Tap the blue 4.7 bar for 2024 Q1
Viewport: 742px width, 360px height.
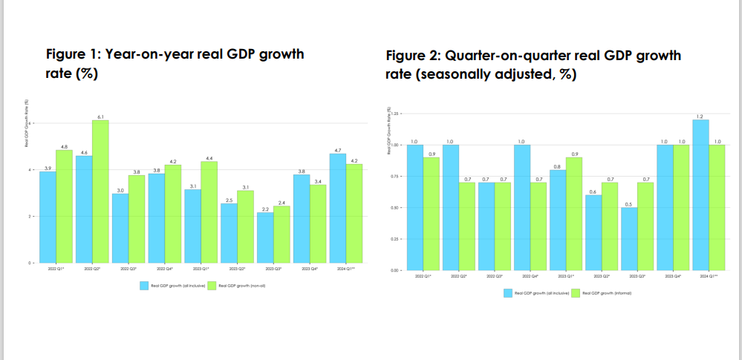coord(337,208)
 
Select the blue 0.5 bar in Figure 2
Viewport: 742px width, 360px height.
coord(628,238)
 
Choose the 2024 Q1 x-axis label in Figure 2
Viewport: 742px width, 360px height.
coord(709,275)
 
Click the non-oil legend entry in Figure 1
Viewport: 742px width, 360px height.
coord(236,285)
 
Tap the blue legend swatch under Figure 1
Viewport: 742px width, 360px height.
coord(145,285)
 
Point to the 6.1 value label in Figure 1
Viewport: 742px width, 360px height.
coord(101,117)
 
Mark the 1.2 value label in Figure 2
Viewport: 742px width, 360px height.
coord(700,117)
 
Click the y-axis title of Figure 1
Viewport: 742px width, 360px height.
coord(27,122)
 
